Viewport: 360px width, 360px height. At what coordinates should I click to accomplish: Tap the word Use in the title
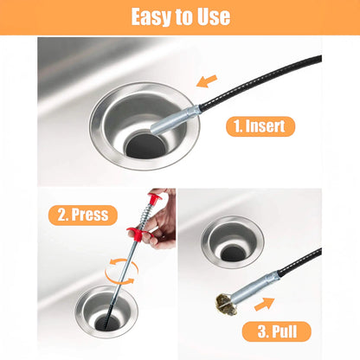(x=214, y=16)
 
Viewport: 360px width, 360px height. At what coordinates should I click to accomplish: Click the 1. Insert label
(x=260, y=126)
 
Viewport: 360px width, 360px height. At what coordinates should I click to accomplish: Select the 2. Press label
(x=83, y=215)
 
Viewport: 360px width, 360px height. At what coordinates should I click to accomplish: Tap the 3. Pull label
(x=277, y=331)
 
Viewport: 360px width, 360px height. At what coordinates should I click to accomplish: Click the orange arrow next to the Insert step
(x=207, y=80)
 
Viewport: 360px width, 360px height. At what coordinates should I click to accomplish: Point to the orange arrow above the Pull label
(x=264, y=304)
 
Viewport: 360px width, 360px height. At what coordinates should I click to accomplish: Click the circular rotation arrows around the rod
(x=121, y=272)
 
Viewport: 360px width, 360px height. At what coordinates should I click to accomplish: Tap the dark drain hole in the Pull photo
(x=234, y=253)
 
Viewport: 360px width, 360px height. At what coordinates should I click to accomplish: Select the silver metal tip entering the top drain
(x=175, y=120)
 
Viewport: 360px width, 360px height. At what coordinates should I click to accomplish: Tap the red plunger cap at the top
(x=155, y=198)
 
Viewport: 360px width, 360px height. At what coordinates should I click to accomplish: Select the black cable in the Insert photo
(x=260, y=80)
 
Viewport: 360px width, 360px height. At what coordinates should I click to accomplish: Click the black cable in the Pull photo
(x=300, y=260)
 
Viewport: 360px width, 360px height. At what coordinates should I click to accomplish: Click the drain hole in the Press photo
(x=107, y=323)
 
